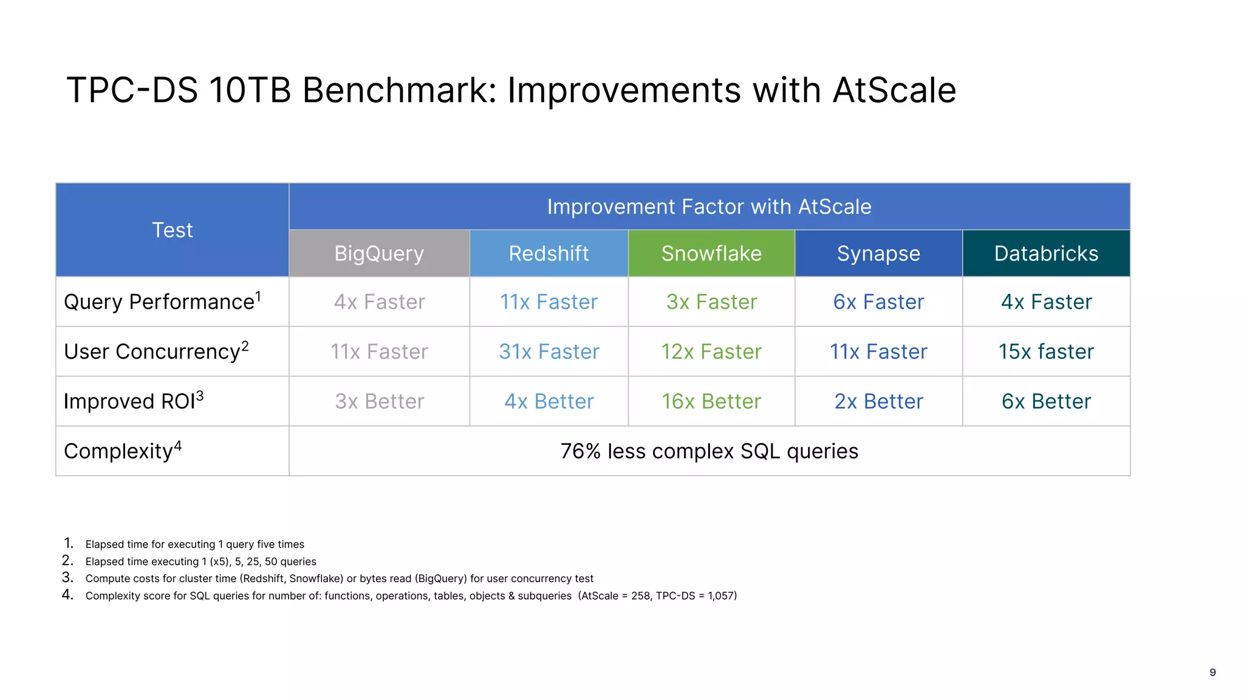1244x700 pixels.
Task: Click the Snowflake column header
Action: pos(711,253)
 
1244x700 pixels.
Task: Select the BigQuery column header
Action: pos(379,253)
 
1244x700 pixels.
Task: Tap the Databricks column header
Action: pos(1046,253)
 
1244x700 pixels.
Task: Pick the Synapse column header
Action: pos(878,253)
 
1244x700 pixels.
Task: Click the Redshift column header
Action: pos(549,253)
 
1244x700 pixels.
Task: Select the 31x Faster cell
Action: pos(549,352)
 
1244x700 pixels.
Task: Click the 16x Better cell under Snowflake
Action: pos(711,402)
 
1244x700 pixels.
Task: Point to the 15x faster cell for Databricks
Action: pos(1046,352)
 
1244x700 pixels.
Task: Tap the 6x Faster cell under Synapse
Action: pos(878,302)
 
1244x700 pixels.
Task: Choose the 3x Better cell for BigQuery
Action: pos(379,402)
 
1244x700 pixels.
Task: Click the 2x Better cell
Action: pos(878,402)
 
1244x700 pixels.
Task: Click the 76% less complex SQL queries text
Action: pos(709,451)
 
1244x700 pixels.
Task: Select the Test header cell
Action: pos(173,230)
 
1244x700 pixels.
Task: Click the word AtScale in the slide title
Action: pos(894,91)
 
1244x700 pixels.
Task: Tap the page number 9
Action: pos(1212,672)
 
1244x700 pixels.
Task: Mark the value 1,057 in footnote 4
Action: pos(720,596)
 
